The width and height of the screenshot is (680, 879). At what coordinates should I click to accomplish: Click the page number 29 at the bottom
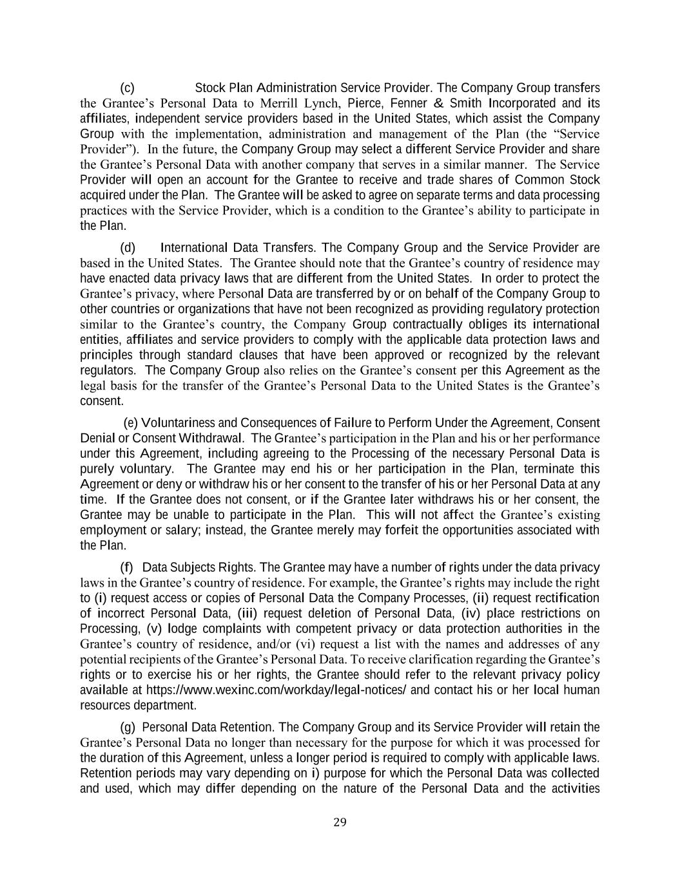point(340,822)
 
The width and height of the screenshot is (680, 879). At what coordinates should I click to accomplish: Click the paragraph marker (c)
point(127,88)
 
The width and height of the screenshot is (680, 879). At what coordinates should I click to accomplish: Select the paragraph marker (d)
point(128,248)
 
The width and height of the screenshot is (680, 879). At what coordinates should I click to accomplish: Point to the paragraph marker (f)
point(126,567)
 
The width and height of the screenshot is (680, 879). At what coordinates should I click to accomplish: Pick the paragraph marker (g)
point(128,727)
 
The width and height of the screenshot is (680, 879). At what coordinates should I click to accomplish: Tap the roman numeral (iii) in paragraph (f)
point(248,613)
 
